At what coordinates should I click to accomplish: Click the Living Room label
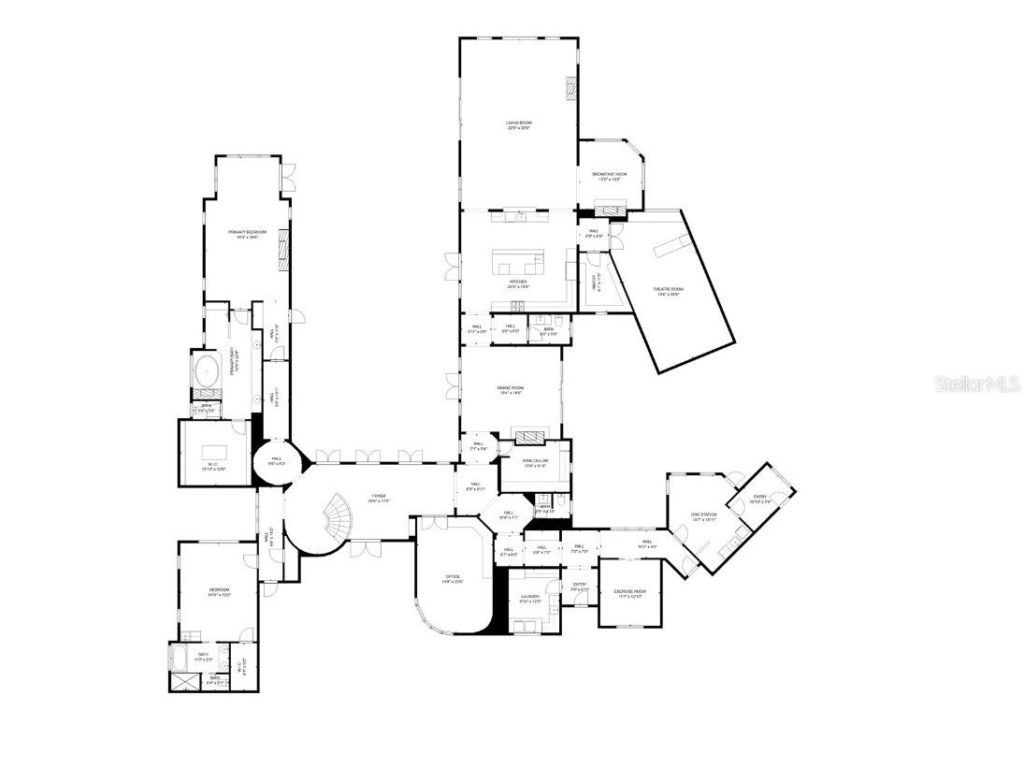click(x=519, y=125)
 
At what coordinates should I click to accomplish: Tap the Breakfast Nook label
click(x=609, y=176)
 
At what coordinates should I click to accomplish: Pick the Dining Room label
click(x=511, y=390)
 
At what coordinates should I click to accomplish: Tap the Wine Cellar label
click(x=535, y=463)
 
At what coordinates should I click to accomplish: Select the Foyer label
click(x=378, y=498)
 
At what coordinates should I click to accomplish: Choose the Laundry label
click(x=530, y=599)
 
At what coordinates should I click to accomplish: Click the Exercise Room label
click(x=628, y=593)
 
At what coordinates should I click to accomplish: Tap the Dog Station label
click(x=703, y=517)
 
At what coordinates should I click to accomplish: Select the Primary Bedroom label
click(x=248, y=234)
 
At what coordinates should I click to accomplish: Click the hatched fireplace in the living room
click(x=570, y=88)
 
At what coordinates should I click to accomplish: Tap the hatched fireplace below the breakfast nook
click(x=611, y=210)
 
